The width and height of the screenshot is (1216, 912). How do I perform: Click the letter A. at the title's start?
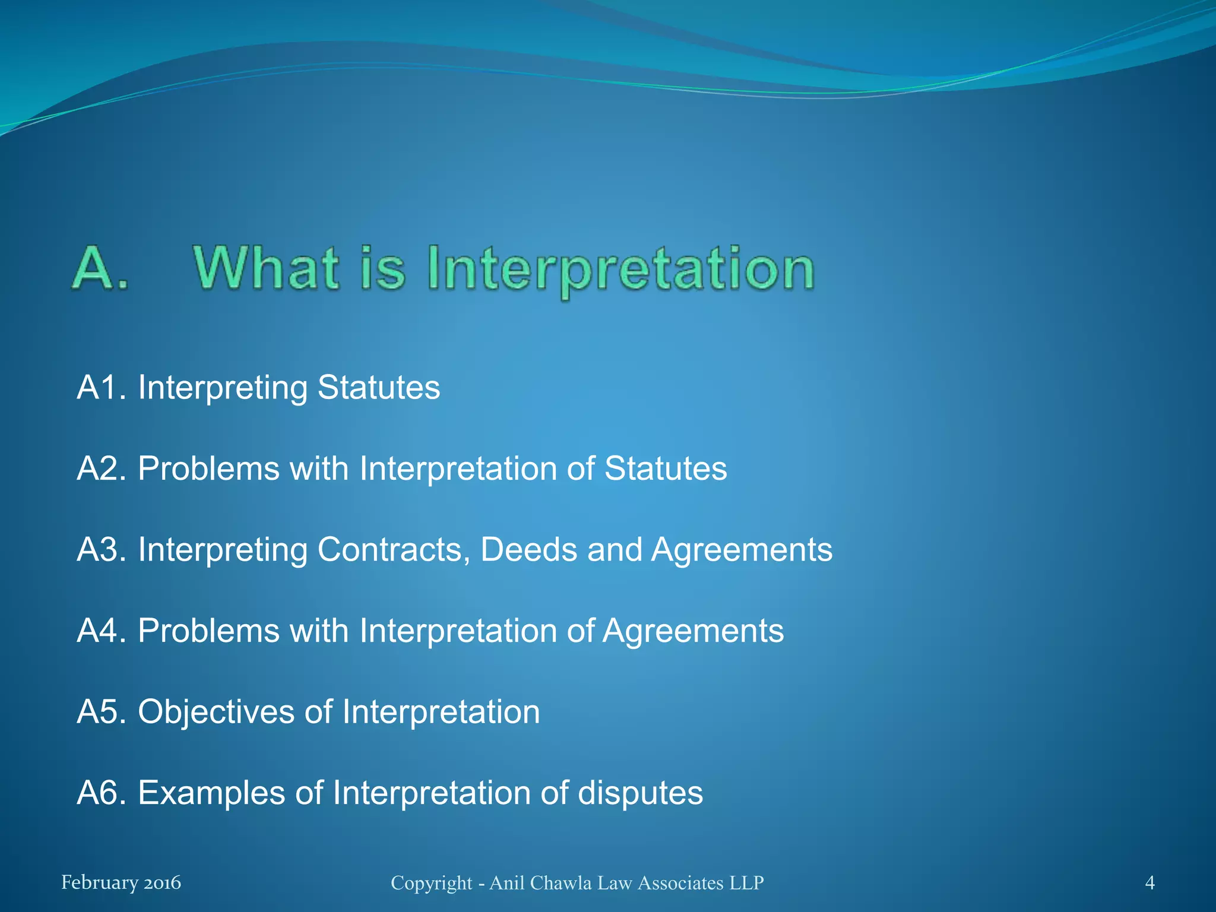[100, 268]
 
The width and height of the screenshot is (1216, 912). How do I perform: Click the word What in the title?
[267, 268]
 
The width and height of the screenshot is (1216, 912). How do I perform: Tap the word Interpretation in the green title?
[620, 270]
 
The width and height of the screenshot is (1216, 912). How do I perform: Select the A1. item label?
[102, 388]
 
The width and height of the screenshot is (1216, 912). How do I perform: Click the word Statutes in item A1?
[379, 388]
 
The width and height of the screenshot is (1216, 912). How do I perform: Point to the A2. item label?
[102, 468]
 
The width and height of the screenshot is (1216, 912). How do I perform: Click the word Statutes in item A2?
[666, 468]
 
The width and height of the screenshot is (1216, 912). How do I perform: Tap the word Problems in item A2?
[209, 468]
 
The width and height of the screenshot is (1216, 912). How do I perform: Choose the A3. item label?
[102, 549]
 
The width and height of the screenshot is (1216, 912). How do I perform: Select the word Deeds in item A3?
[528, 549]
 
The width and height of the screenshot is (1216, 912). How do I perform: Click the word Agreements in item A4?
[693, 631]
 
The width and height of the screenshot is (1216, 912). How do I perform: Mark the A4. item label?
[102, 631]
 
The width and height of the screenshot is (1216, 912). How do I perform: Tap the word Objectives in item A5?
[216, 712]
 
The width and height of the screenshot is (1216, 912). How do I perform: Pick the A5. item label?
[102, 711]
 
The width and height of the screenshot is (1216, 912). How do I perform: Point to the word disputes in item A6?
[640, 793]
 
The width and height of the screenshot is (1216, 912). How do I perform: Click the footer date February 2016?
[121, 883]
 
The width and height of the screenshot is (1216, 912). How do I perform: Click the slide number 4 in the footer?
[1149, 883]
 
